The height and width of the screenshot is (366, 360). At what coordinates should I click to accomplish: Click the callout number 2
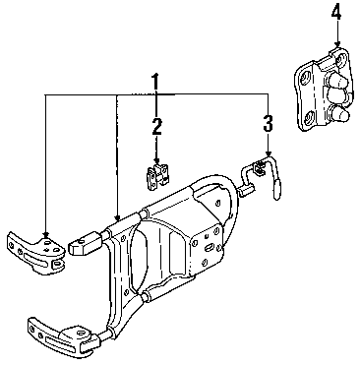tap(156, 126)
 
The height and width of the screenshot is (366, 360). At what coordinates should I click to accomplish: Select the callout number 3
tap(268, 123)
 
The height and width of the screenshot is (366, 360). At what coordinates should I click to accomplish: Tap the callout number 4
tap(336, 13)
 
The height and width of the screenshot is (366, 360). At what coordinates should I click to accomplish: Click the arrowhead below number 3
tap(269, 153)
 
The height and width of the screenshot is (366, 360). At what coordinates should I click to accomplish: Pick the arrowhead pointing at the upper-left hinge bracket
tap(46, 234)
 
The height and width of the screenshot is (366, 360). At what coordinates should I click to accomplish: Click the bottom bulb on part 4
tap(339, 115)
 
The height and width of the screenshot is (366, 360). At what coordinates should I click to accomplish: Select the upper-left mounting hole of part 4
tap(306, 78)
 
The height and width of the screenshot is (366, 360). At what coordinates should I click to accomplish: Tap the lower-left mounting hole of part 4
tap(308, 117)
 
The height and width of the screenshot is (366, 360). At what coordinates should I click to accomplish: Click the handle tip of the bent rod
tap(277, 190)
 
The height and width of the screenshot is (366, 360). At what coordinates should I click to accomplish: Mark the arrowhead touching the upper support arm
tap(117, 217)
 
